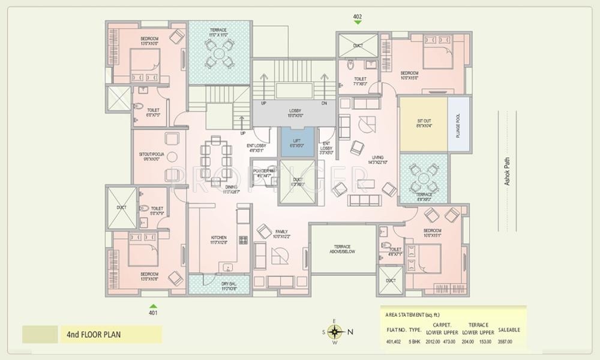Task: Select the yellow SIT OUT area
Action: (x=424, y=124)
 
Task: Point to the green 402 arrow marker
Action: (x=358, y=22)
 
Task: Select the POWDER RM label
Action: (x=263, y=171)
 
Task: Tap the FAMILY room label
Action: (x=281, y=232)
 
